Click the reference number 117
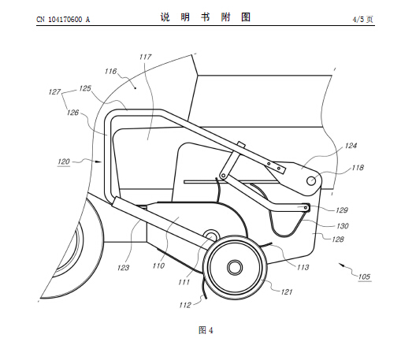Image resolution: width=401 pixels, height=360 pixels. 146,57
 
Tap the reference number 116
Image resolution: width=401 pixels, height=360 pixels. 110,71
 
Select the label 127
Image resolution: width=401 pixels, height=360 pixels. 54,92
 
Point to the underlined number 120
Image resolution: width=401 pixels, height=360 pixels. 64,161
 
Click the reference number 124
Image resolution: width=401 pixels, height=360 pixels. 351,146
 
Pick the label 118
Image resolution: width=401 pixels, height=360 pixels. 358,167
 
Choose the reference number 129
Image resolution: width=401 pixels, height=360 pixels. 342,210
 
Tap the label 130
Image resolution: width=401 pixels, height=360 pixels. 343,226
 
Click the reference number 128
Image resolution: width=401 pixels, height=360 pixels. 338,239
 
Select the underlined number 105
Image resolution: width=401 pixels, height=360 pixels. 364,276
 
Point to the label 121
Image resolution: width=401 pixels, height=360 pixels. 287,291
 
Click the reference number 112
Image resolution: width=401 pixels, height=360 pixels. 185,305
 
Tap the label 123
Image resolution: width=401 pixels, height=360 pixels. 123,268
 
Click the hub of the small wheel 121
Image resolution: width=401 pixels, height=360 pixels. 235,267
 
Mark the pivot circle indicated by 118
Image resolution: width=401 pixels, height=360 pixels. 311,180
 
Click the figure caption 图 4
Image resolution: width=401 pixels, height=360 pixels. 206,330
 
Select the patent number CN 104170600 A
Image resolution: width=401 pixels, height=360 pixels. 63,20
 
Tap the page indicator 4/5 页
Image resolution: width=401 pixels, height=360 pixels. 362,19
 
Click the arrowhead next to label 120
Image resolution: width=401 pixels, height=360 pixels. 98,161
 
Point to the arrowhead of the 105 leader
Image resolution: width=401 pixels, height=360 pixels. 341,265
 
